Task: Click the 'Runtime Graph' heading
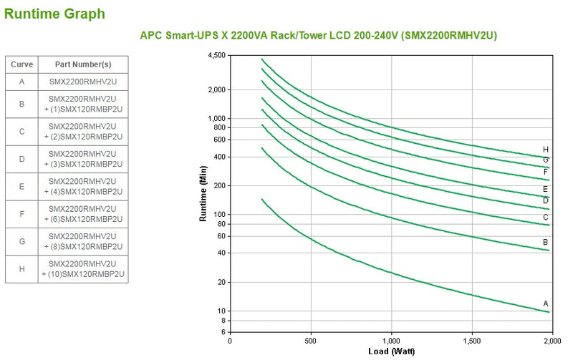click(55, 13)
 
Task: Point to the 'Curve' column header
click(21, 64)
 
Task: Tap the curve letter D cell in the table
click(21, 159)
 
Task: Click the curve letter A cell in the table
click(21, 81)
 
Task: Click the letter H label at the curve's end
click(546, 149)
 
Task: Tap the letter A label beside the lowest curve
click(546, 303)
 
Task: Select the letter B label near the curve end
click(546, 241)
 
